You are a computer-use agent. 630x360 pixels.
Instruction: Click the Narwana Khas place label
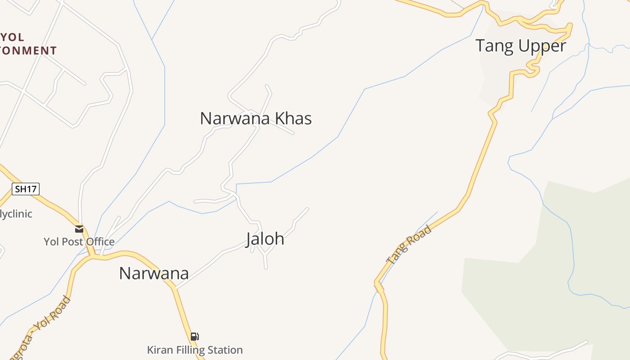pos(256,118)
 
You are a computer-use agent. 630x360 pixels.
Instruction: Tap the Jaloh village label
pos(265,238)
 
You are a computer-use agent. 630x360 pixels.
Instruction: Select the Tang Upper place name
pos(521,46)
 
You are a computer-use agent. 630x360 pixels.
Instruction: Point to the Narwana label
pos(153,273)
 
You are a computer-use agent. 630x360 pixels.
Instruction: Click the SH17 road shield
pos(26,189)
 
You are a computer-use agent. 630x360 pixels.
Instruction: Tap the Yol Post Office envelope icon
pos(79,229)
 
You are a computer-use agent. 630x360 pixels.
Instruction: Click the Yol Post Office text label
pos(79,242)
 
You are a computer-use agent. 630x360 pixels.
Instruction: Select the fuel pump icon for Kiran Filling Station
pos(194,337)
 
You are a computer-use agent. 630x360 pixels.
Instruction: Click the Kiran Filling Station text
pos(195,350)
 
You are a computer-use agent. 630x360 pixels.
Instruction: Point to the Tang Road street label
pos(409,244)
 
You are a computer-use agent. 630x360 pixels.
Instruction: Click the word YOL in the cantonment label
pos(13,37)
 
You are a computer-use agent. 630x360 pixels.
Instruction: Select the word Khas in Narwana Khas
pos(293,118)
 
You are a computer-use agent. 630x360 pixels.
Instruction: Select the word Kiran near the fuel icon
pos(160,350)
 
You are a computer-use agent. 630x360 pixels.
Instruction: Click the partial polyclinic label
pos(16,214)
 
